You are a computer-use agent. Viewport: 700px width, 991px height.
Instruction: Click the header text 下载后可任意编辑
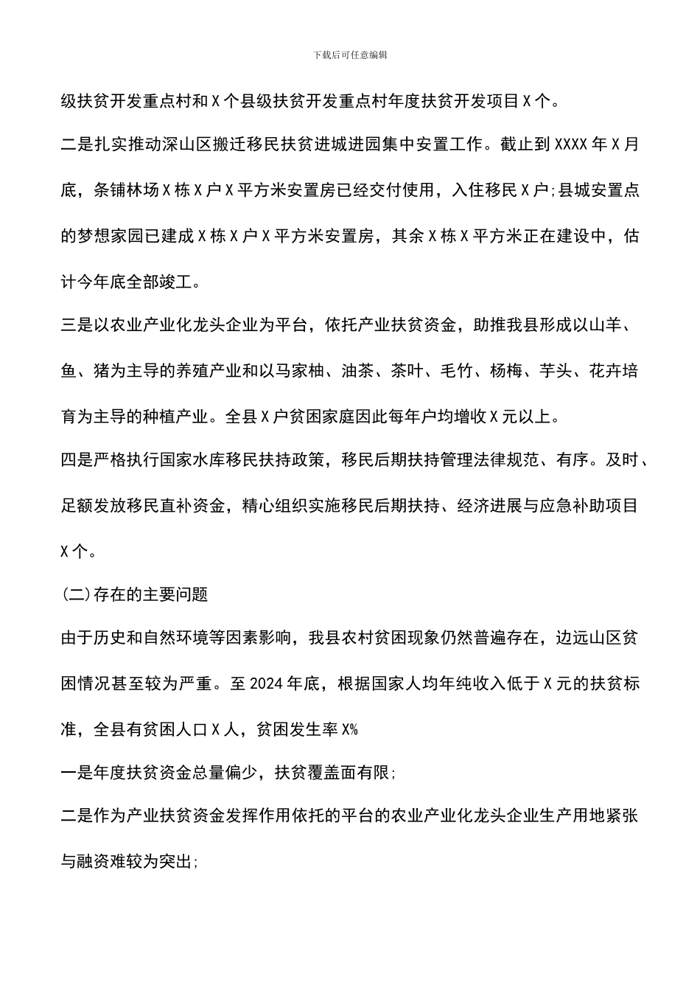(x=350, y=55)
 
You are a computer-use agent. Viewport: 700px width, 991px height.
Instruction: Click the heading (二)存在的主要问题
(x=134, y=594)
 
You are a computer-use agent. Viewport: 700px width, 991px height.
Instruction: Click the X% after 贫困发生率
(x=349, y=729)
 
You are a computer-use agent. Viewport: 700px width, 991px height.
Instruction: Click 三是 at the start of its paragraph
(x=77, y=327)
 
